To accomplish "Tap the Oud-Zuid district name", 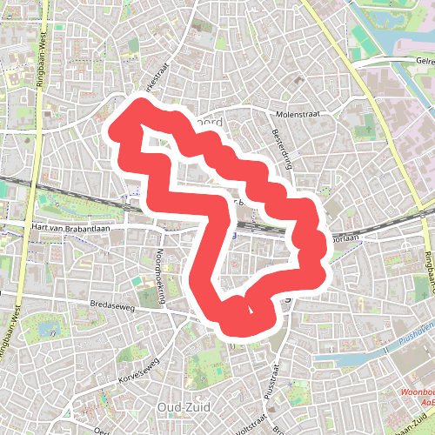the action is [x=181, y=406].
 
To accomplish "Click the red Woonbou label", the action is [x=416, y=393].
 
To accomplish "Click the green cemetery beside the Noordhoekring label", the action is [x=141, y=284].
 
